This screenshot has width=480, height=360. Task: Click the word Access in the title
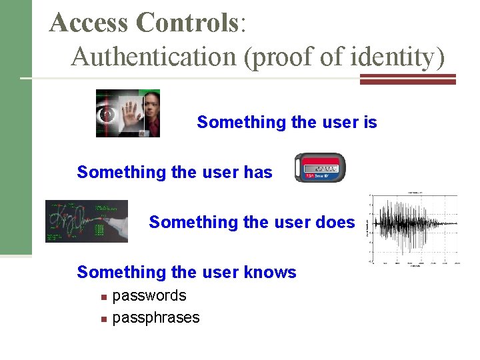(x=89, y=23)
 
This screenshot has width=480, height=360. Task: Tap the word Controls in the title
(x=187, y=23)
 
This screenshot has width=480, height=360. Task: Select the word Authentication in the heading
(x=154, y=57)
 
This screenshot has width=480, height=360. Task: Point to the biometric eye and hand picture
(x=128, y=113)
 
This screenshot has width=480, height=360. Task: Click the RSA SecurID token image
(x=320, y=168)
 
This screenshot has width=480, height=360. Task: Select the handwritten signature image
(x=87, y=221)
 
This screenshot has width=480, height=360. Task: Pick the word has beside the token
(x=259, y=173)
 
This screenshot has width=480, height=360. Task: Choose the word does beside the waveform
(x=335, y=222)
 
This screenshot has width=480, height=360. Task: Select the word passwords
(x=149, y=295)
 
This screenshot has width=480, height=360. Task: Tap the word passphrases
(x=156, y=317)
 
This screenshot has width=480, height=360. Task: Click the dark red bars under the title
(x=407, y=79)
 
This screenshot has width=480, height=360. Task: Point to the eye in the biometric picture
(x=105, y=114)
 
